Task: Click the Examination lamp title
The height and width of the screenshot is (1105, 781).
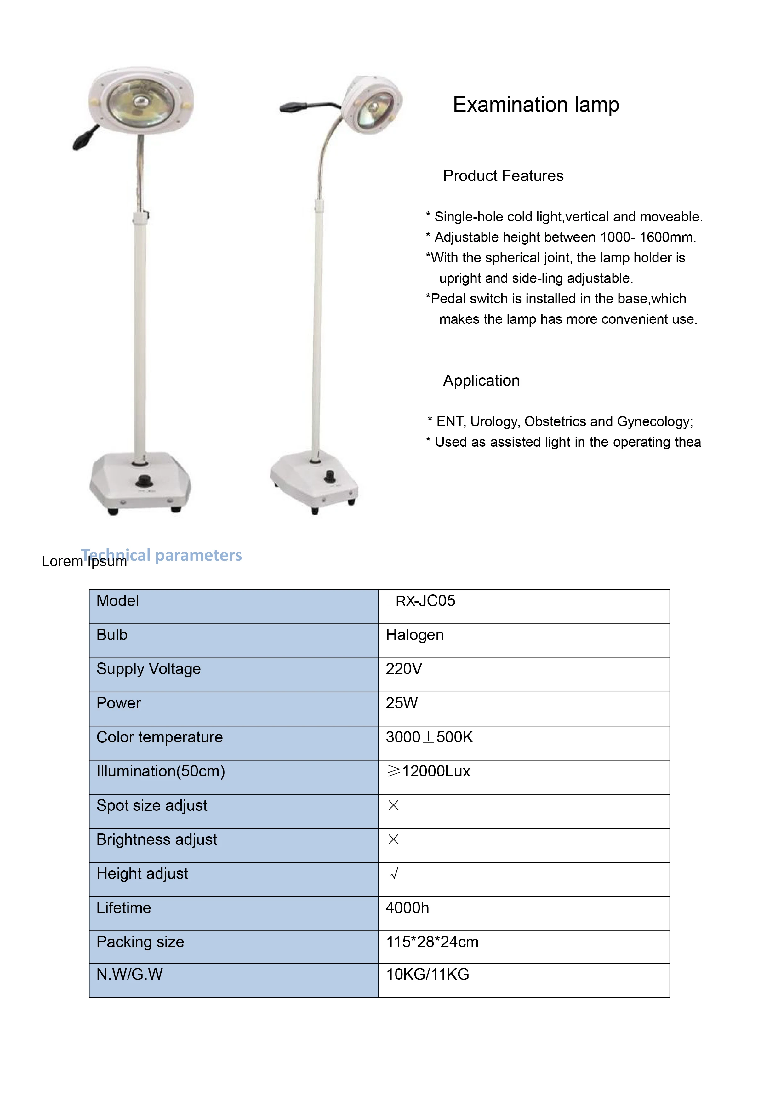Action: coord(536,105)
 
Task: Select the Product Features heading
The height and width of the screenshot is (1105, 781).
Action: coord(503,176)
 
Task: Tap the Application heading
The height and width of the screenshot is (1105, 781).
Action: coord(481,381)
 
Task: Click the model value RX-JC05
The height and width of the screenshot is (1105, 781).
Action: coord(425,601)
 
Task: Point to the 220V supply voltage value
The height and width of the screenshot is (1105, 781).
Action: coord(404,669)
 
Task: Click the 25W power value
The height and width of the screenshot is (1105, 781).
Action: coord(401,703)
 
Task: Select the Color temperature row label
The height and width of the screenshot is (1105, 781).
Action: coord(159,737)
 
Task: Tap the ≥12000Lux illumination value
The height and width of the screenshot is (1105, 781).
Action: coord(428,771)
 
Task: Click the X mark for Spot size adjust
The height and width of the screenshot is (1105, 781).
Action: coord(393,805)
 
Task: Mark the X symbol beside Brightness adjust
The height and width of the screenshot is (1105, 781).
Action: coord(393,839)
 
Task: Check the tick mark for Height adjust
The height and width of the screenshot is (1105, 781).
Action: coord(394,873)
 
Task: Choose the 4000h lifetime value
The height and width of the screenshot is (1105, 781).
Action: coord(407,908)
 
